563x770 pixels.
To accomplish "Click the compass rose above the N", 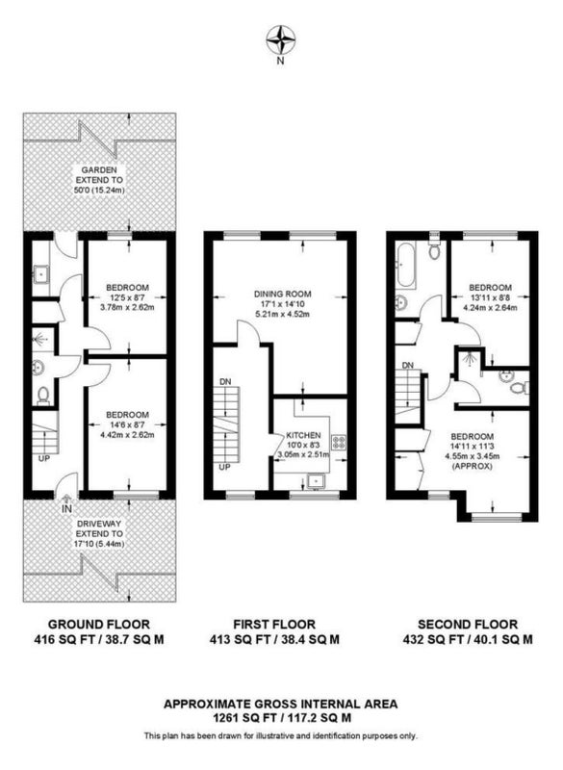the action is coord(280,40).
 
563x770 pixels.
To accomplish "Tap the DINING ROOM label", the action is coord(282,295).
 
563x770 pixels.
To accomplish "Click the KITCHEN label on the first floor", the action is coord(303,436).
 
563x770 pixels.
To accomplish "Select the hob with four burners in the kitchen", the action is coord(339,443).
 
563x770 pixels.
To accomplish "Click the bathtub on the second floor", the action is coord(406,264).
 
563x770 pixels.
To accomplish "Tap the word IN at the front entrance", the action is coord(66,510).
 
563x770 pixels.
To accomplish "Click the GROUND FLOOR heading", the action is coord(99,625).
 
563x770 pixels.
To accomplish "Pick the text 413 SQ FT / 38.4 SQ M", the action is coord(274,639).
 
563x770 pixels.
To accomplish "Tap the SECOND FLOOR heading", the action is coord(468,625).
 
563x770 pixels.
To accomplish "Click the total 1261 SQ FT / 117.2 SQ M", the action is coord(282,717).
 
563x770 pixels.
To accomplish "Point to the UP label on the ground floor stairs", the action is coord(44,459).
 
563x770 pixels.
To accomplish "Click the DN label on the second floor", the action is coord(408,366).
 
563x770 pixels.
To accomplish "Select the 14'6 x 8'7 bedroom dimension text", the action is coord(127,424).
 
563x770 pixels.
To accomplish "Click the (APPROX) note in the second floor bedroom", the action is coord(473,466).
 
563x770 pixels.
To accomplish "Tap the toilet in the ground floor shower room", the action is coord(43,396).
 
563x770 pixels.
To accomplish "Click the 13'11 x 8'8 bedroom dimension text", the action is coord(491,298).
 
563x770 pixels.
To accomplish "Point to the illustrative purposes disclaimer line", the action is coord(280,735).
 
